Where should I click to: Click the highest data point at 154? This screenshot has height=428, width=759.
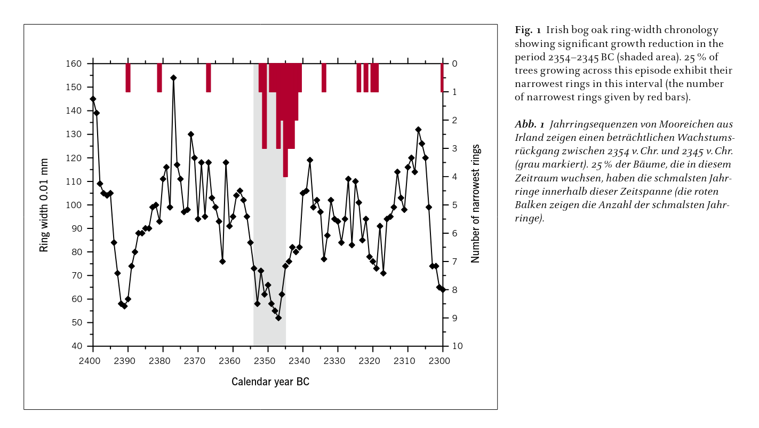point(173,77)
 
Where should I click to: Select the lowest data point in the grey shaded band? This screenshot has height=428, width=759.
point(278,318)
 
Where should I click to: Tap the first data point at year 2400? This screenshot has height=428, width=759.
point(93,99)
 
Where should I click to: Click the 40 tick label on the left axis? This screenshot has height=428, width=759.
point(77,346)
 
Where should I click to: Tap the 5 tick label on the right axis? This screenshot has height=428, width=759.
point(454,205)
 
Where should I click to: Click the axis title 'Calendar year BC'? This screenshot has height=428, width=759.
point(270,382)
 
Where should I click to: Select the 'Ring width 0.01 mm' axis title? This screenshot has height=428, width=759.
point(44,205)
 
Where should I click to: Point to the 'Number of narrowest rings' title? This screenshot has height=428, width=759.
point(475,203)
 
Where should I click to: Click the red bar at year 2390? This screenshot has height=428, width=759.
point(128,78)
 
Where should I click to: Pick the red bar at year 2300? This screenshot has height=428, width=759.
point(442,78)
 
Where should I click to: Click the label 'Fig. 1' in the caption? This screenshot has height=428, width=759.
point(528,30)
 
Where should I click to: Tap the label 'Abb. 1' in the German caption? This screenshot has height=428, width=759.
point(530,124)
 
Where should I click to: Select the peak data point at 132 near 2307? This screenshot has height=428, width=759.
point(418,129)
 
